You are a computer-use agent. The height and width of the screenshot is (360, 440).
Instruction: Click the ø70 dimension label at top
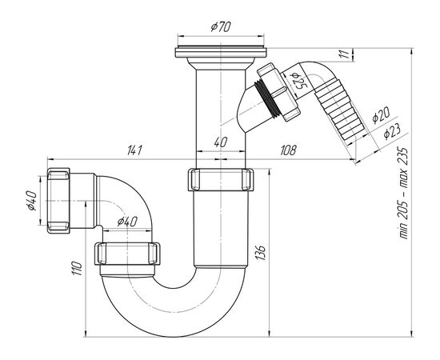coord(221,27)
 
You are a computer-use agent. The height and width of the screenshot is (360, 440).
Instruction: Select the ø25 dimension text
coord(297,81)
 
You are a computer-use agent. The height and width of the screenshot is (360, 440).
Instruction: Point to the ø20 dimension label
coord(382,116)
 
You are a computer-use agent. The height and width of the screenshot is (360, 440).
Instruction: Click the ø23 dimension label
coord(392,130)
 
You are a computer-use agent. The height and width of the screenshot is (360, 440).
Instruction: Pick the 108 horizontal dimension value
coord(288,150)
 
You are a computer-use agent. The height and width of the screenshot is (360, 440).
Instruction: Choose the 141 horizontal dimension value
coord(134,150)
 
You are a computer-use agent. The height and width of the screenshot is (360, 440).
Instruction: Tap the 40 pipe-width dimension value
coord(221,142)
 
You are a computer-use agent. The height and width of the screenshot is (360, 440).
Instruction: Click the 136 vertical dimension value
coord(261,253)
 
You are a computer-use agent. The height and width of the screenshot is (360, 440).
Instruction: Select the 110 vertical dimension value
coord(77,268)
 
